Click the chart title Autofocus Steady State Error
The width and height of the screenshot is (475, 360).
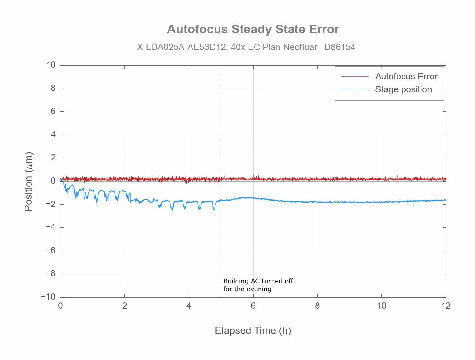click(253, 29)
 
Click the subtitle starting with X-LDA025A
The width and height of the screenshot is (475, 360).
click(246, 47)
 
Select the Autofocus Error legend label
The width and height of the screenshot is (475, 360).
click(406, 77)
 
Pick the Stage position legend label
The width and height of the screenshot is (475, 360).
click(403, 89)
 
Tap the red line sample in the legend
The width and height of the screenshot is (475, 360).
click(355, 77)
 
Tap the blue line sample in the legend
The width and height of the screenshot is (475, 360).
click(355, 89)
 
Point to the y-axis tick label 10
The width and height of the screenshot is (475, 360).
click(51, 65)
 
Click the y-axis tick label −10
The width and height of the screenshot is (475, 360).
click(48, 297)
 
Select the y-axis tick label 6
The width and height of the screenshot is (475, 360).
click(53, 111)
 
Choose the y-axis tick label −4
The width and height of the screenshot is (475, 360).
click(50, 227)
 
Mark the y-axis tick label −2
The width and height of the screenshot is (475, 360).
click(50, 204)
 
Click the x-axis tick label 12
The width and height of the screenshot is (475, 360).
click(446, 306)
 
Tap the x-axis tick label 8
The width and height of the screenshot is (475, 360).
click(317, 306)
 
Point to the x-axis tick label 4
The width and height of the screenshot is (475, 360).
click(189, 306)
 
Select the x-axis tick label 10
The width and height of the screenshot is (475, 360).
click(381, 306)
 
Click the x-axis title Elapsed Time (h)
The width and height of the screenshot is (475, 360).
click(253, 330)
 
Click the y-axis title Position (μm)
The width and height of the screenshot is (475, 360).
click(29, 181)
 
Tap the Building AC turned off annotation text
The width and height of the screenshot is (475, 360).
click(258, 285)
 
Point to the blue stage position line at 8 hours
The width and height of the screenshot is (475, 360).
click(317, 202)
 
